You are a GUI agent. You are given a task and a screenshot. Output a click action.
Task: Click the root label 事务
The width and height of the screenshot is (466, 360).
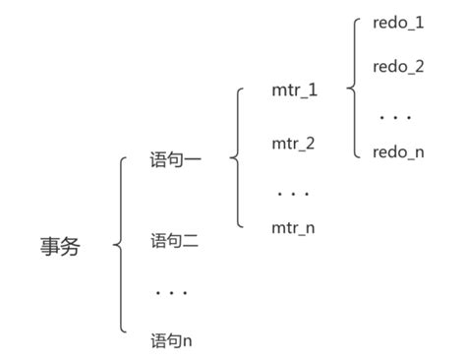click(x=60, y=246)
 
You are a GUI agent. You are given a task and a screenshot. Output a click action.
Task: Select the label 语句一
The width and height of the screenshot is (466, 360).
click(x=176, y=157)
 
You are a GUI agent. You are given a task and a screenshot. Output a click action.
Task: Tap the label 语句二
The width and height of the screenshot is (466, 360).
click(x=175, y=240)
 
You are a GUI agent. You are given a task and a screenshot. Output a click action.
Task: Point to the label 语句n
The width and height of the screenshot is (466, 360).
click(x=171, y=341)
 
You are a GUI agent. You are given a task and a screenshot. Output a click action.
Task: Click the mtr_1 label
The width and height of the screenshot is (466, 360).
click(x=295, y=90)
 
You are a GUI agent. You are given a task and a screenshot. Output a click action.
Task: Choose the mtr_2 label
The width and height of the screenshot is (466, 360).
click(x=293, y=143)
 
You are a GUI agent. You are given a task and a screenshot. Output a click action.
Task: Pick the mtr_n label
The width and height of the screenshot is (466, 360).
click(x=293, y=228)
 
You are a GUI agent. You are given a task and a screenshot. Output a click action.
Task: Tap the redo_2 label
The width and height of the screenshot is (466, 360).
click(x=398, y=67)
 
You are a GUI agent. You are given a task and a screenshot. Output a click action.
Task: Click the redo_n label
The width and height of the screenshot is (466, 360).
click(x=398, y=152)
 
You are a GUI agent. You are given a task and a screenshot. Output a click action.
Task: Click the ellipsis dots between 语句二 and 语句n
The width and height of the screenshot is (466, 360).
click(x=171, y=291)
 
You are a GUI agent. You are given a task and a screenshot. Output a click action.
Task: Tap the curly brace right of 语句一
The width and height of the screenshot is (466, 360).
click(x=234, y=157)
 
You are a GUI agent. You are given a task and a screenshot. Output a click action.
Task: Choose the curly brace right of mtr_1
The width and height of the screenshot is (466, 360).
click(x=351, y=90)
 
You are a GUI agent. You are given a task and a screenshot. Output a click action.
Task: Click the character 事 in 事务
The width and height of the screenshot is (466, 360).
click(x=49, y=246)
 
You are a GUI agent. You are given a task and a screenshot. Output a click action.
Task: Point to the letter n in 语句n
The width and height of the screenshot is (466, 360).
click(x=187, y=342)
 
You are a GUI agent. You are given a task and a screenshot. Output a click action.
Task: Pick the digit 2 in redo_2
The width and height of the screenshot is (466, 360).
click(x=419, y=67)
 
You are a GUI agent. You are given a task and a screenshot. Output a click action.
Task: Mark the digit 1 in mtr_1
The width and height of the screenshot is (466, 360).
click(x=313, y=90)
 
